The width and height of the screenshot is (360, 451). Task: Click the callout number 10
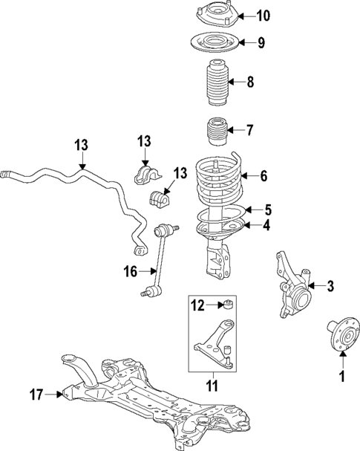pos(243,15)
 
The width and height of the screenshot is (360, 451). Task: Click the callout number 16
pos(130,272)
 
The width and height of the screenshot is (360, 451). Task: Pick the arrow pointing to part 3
pos(314,285)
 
